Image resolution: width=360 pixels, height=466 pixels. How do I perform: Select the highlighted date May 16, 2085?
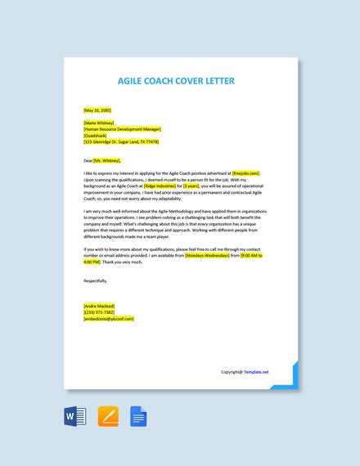pos(98,110)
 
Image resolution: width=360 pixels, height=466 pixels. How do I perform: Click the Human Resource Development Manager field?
pos(123,129)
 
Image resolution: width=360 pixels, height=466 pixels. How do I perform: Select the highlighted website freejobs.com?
pos(245,174)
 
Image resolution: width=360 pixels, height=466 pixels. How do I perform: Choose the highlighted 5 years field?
pos(191,187)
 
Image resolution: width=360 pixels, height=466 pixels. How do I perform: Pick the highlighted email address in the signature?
pos(109,319)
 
